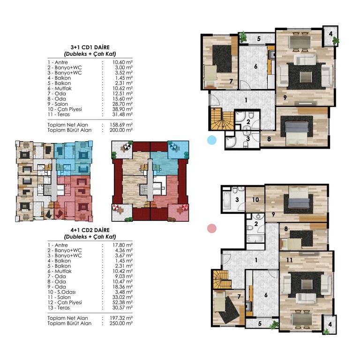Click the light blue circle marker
pos(211,140)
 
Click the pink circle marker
pos(212,228)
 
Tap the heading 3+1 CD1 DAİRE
pos(90,47)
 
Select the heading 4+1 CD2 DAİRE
pos(90,230)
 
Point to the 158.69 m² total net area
pos(121,125)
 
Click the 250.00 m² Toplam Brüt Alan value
pos(121,323)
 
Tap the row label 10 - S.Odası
pos(61,292)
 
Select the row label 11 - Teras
pos(59,114)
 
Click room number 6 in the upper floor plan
pos(256,67)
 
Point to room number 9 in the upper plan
pos(285,97)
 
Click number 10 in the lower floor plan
pos(255,200)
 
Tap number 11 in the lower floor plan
pos(289,260)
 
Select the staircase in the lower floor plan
pos(222,279)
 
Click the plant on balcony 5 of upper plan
pos(243,37)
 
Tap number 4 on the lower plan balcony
pos(330,324)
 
